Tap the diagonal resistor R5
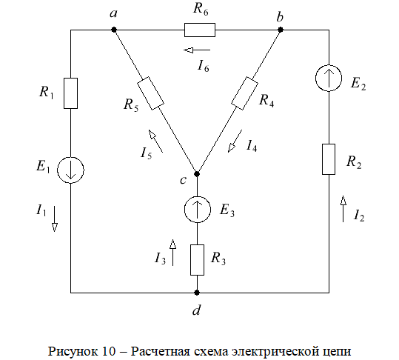click(x=151, y=93)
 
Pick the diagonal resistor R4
click(x=244, y=93)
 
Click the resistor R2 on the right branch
click(x=329, y=159)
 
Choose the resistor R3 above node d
click(x=197, y=260)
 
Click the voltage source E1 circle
click(x=70, y=170)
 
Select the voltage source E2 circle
click(x=329, y=78)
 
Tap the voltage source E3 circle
click(x=198, y=210)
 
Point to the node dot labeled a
click(x=114, y=30)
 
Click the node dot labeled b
click(x=281, y=30)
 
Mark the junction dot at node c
click(x=197, y=174)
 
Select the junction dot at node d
click(x=197, y=293)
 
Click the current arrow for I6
click(x=197, y=50)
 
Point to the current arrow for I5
click(x=155, y=141)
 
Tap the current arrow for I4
click(x=235, y=141)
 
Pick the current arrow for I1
click(x=55, y=219)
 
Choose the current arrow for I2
click(x=343, y=209)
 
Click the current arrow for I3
click(x=172, y=253)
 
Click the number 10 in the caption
click(x=110, y=351)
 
